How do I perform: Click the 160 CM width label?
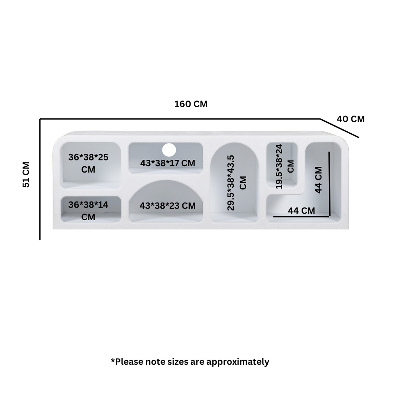tap(191, 104)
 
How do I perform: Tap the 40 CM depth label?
tap(351, 119)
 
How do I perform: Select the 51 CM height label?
tap(26, 175)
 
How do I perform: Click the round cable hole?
tap(169, 150)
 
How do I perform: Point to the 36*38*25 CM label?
tap(88, 163)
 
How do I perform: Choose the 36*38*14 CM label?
tap(88, 211)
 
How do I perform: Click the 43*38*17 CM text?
tap(168, 163)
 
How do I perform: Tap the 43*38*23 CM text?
tap(168, 206)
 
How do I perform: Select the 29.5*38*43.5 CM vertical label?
tap(237, 183)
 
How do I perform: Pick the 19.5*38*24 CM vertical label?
tap(285, 166)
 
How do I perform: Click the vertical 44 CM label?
tap(318, 180)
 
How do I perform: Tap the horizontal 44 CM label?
tap(301, 211)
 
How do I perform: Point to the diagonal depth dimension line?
tap(339, 128)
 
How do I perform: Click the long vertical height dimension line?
tap(40, 179)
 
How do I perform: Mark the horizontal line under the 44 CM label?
tap(302, 217)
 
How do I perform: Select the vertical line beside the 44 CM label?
tap(329, 184)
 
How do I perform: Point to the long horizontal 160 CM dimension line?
tap(180, 119)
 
